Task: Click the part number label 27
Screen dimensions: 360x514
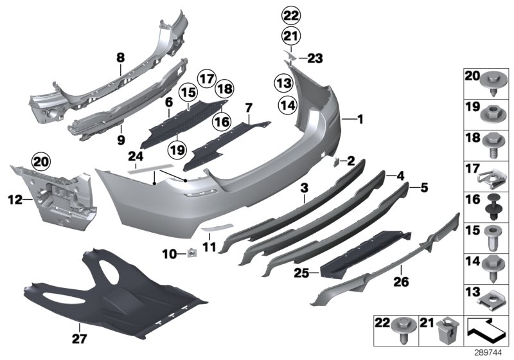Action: (75, 337)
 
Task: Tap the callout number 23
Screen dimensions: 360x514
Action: (314, 59)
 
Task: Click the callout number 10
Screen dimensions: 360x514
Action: (167, 255)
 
